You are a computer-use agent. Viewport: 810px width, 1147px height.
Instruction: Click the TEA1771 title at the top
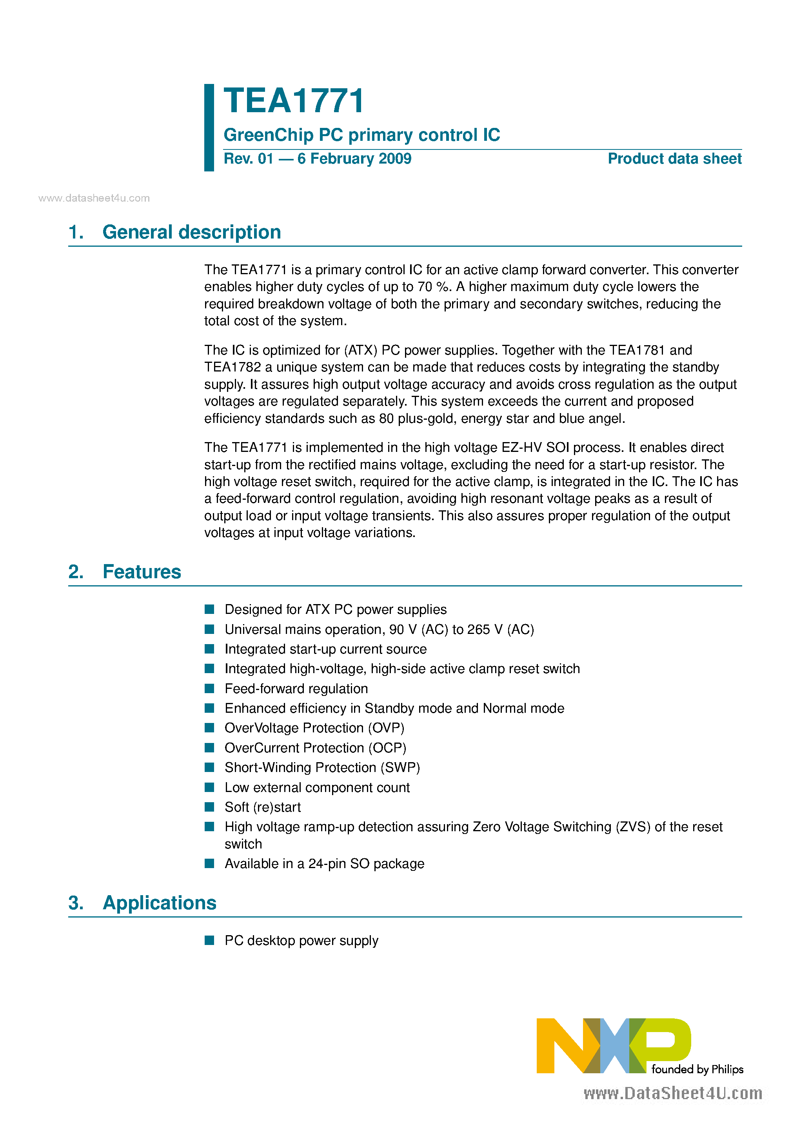tap(294, 101)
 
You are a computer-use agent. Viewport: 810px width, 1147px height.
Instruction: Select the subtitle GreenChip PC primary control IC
tap(361, 135)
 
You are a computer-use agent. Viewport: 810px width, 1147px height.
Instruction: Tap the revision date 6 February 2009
tap(354, 159)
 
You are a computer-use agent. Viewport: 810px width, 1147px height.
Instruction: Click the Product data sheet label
tap(674, 159)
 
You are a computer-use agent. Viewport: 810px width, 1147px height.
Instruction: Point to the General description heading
tap(191, 232)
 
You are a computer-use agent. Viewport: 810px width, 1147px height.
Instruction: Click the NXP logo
tap(613, 1045)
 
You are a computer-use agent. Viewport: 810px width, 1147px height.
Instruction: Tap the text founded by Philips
tap(697, 1070)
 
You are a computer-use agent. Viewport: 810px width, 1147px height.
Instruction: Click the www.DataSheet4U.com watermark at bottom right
tap(673, 1094)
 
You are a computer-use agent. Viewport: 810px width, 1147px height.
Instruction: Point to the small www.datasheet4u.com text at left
tap(94, 198)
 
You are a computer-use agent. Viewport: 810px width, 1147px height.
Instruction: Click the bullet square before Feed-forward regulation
tap(210, 688)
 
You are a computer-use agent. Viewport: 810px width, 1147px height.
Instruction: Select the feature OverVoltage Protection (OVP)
tap(314, 728)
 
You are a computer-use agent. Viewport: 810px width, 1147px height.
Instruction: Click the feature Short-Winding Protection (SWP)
tap(322, 767)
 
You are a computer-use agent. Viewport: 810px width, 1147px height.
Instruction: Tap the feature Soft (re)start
tap(263, 807)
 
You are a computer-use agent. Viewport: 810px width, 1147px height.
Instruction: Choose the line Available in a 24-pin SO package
tap(324, 864)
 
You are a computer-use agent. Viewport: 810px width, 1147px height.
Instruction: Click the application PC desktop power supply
tap(301, 941)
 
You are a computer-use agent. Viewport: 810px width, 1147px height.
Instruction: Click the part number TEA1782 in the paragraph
tap(233, 367)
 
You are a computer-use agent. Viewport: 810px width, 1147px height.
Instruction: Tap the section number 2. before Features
tap(76, 572)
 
